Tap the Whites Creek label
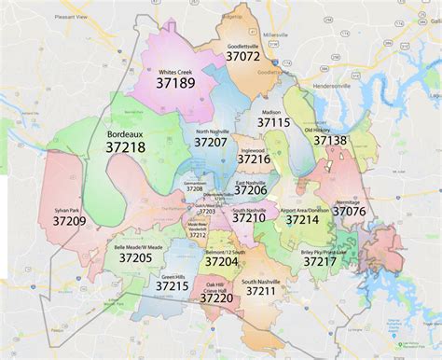[x=175, y=71]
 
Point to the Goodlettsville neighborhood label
[x=243, y=44]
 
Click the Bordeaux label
[x=123, y=132]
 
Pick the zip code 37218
[x=124, y=147]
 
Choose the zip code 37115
[x=274, y=122]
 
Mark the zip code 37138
[x=330, y=140]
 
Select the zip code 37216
[x=255, y=159]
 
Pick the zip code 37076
[x=350, y=212]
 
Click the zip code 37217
[x=319, y=261]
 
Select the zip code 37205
[x=135, y=257]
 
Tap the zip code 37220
[x=216, y=298]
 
